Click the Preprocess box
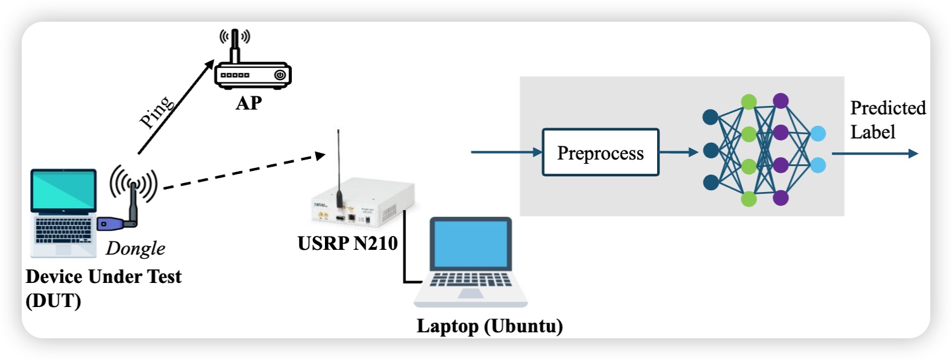(x=600, y=152)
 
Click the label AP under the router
(x=249, y=103)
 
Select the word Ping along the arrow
(x=156, y=112)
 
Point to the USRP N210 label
(x=347, y=243)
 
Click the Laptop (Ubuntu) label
(x=489, y=326)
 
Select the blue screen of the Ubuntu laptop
(x=471, y=244)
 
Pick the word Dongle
(x=135, y=248)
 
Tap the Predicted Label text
(x=887, y=120)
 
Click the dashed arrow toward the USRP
(x=241, y=172)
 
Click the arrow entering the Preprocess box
(x=505, y=152)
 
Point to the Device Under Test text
(x=104, y=276)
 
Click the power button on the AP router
(x=280, y=75)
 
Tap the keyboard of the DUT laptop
(x=63, y=230)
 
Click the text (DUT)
(x=53, y=300)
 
